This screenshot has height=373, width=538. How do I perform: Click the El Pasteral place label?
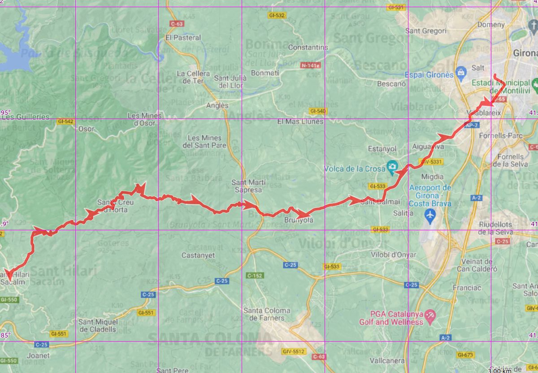[x=183, y=38]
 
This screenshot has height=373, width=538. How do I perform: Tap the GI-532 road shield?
[x=277, y=15]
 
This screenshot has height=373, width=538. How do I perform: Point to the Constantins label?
[x=308, y=48]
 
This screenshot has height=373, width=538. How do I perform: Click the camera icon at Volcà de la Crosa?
[x=392, y=167]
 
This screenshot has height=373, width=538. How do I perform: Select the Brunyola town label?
[x=299, y=220]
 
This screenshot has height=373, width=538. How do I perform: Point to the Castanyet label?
[x=198, y=255]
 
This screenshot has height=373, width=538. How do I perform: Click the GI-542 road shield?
[x=65, y=122]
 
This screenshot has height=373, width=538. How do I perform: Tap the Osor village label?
[x=87, y=128]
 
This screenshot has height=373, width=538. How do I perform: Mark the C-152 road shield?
[x=254, y=275]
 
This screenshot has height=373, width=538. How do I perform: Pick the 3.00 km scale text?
[x=499, y=370]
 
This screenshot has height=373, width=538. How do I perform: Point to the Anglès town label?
[x=217, y=106]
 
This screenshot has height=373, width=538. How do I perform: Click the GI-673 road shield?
[x=465, y=355]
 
